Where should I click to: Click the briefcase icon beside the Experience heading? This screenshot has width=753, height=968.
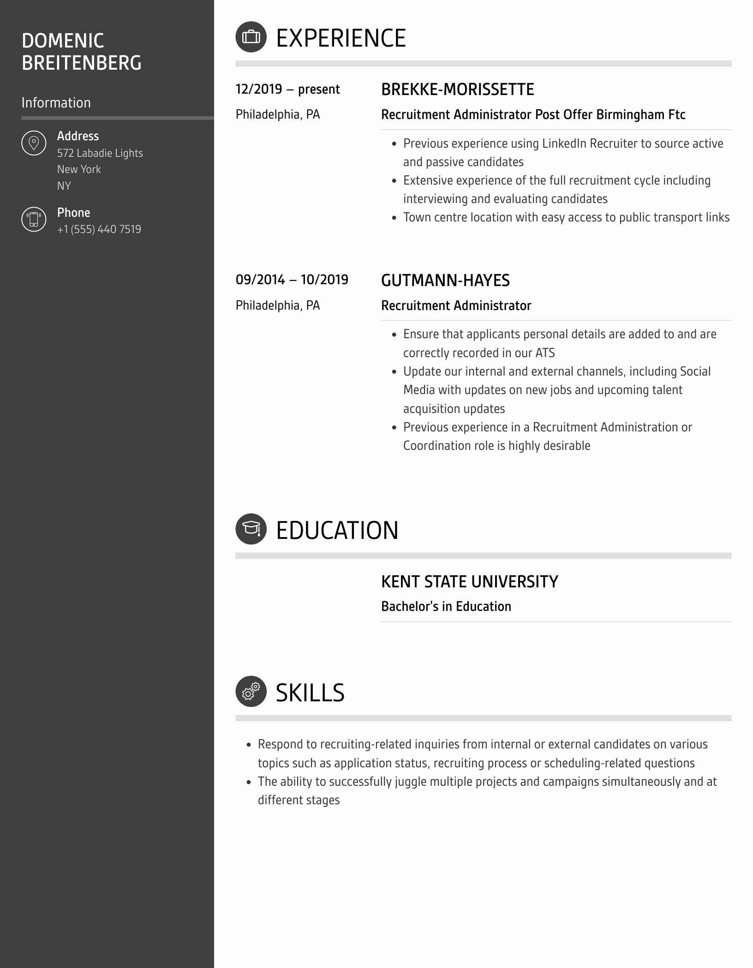click(251, 37)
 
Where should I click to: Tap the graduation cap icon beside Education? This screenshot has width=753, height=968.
click(251, 529)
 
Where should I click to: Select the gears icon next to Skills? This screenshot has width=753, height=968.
click(251, 691)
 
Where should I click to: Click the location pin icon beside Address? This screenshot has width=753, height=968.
click(34, 143)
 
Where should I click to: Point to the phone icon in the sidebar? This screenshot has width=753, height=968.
click(34, 219)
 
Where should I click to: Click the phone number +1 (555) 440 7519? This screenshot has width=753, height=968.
click(99, 229)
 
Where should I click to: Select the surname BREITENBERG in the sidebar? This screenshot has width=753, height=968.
click(81, 63)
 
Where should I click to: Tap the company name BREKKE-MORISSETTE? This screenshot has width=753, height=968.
click(457, 90)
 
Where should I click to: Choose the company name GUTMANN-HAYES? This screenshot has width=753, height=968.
click(445, 281)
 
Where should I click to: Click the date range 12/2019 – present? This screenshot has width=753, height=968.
click(287, 90)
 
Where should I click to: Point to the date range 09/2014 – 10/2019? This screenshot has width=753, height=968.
click(292, 280)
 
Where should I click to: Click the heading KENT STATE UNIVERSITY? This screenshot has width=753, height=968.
click(469, 582)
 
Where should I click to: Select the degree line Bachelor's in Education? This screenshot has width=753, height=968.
click(446, 606)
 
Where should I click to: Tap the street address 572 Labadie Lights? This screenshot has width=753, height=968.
click(100, 153)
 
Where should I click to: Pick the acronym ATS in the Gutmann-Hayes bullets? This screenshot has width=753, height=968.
click(545, 353)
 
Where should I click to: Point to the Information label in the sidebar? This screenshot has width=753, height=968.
click(56, 103)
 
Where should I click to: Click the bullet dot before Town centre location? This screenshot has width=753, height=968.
click(394, 218)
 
